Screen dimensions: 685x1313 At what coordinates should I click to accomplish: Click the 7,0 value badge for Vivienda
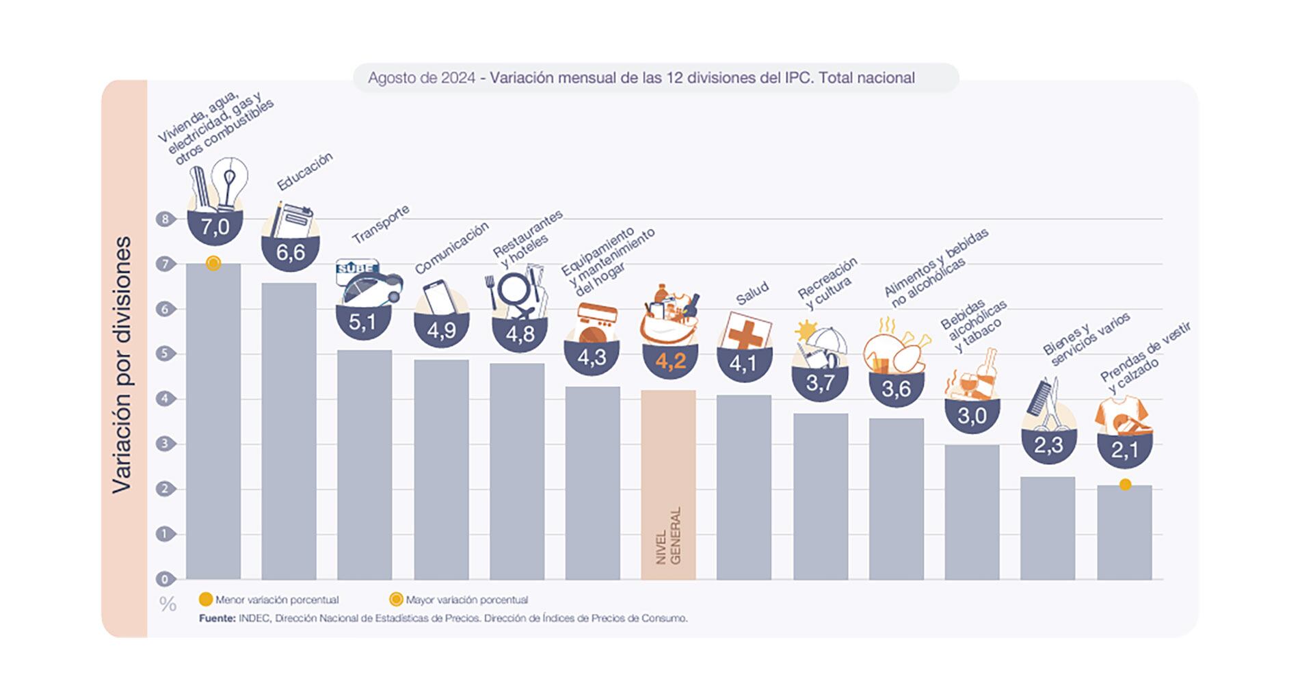215,226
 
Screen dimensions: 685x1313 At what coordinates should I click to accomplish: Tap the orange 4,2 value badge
670,361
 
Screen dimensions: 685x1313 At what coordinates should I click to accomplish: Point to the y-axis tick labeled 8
165,219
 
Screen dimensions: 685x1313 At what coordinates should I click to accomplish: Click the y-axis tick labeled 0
165,579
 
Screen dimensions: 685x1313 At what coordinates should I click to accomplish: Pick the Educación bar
289,431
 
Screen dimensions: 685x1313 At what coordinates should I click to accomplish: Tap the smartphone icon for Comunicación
438,298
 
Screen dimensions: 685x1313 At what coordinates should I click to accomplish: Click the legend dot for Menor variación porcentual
205,600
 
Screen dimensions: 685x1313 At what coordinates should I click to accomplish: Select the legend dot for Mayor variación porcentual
395,600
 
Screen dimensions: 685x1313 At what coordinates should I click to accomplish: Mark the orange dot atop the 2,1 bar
1125,485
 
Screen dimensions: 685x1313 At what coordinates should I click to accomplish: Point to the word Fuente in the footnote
217,618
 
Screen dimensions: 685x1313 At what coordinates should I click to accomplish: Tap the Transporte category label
380,224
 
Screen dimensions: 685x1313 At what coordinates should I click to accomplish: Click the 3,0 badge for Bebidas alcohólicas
972,416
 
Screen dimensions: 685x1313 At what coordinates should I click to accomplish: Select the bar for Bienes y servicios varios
1047,528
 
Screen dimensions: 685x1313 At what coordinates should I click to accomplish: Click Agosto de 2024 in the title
421,78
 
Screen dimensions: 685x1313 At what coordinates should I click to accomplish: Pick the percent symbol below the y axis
168,604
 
